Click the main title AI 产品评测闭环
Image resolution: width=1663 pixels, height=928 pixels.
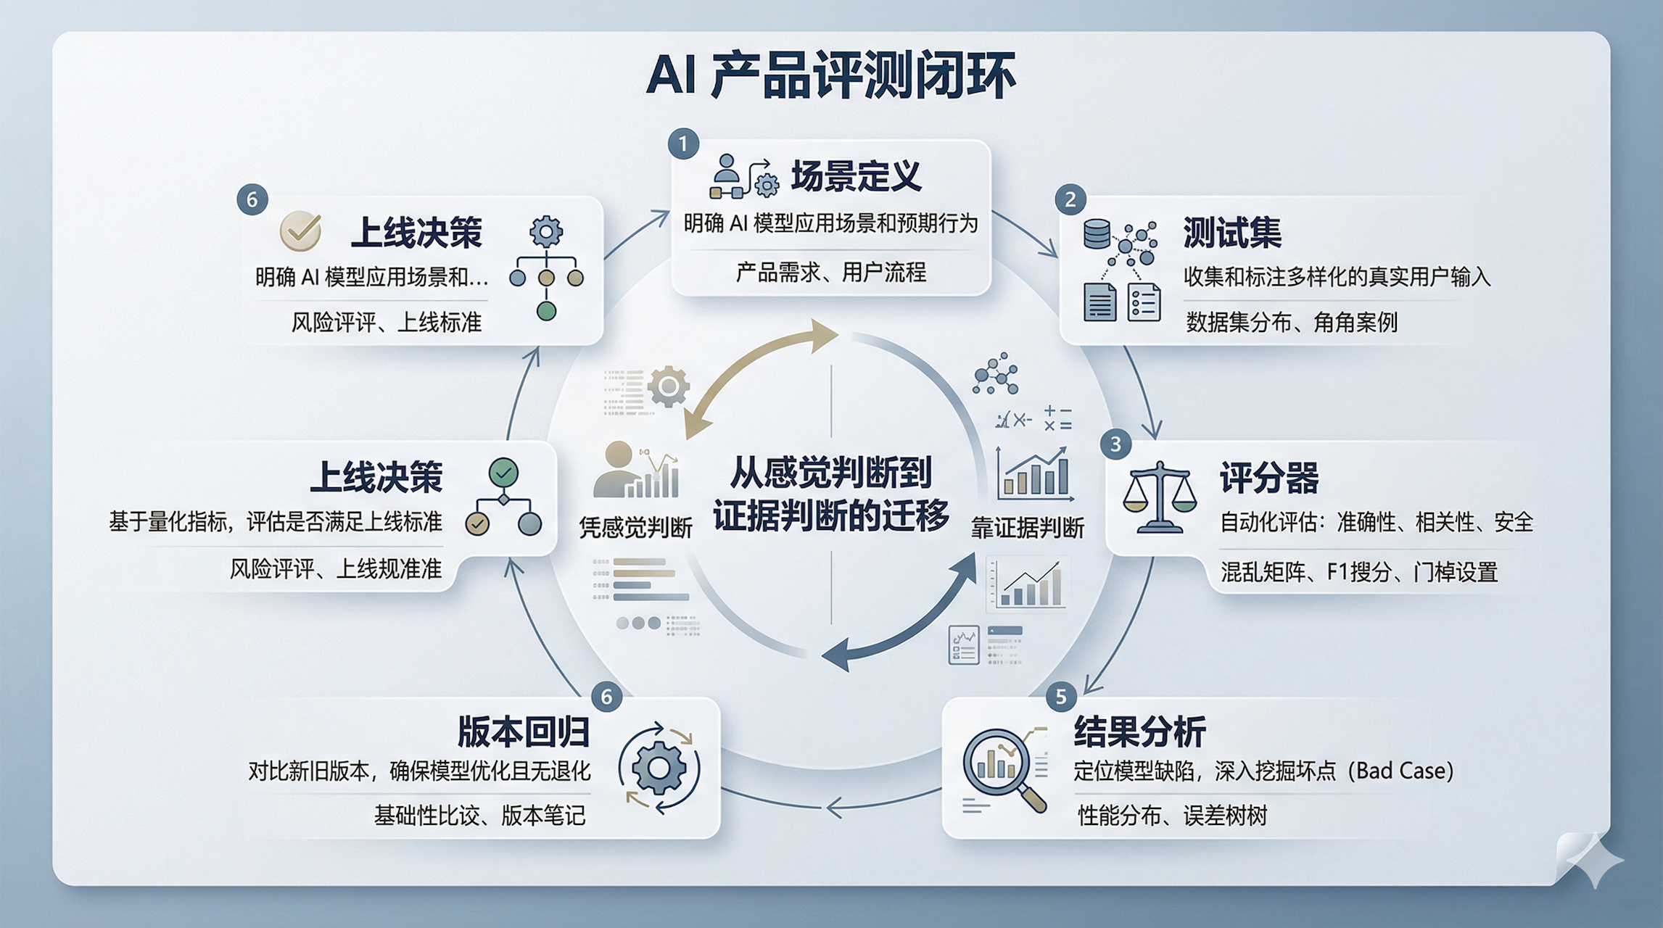pos(830,75)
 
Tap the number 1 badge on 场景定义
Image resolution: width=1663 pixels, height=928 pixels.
pos(683,144)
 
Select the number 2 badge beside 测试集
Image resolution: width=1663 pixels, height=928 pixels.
pos(1070,199)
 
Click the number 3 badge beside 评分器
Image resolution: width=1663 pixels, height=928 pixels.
pos(1115,444)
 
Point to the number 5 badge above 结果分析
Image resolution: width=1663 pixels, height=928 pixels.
pos(1060,697)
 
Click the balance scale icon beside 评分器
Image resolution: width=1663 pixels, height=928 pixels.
pos(1160,496)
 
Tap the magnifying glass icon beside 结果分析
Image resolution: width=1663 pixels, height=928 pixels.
pos(1004,769)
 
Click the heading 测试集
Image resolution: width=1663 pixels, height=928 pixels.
pos(1232,233)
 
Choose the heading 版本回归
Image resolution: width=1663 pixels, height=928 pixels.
pos(523,732)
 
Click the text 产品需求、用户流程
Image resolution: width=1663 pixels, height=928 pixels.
pos(830,273)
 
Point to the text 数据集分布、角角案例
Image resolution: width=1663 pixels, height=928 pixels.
pos(1291,322)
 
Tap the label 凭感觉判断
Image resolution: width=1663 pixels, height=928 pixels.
pos(635,528)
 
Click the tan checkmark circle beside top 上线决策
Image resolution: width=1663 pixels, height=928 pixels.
pos(300,230)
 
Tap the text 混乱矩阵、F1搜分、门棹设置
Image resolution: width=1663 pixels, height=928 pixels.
pos(1359,573)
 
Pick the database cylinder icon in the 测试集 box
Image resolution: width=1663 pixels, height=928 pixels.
pos(1096,234)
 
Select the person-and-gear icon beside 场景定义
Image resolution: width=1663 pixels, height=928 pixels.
pos(743,177)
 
